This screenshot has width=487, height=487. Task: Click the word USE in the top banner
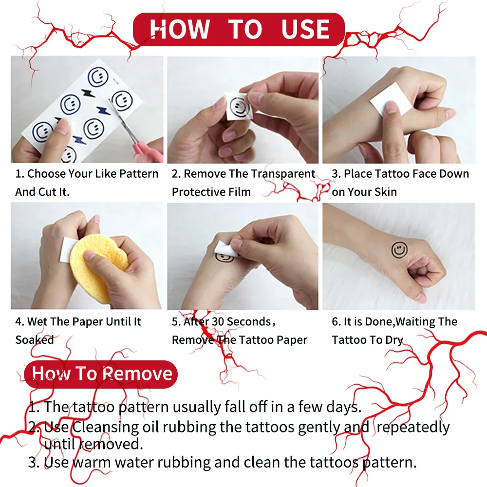click(x=305, y=29)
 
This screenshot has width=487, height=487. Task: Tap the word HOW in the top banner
click(x=180, y=29)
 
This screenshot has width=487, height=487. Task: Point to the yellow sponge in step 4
click(x=99, y=267)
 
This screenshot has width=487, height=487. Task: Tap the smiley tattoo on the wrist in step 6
click(x=399, y=250)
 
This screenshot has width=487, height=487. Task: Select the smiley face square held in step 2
click(x=239, y=107)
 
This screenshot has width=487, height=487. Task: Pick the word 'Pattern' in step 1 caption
click(x=139, y=174)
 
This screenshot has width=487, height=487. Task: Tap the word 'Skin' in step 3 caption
click(x=385, y=192)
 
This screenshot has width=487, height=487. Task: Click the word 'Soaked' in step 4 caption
click(x=35, y=340)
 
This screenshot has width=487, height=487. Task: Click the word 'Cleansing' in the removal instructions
click(x=106, y=428)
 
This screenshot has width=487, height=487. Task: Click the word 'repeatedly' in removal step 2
click(x=413, y=428)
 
